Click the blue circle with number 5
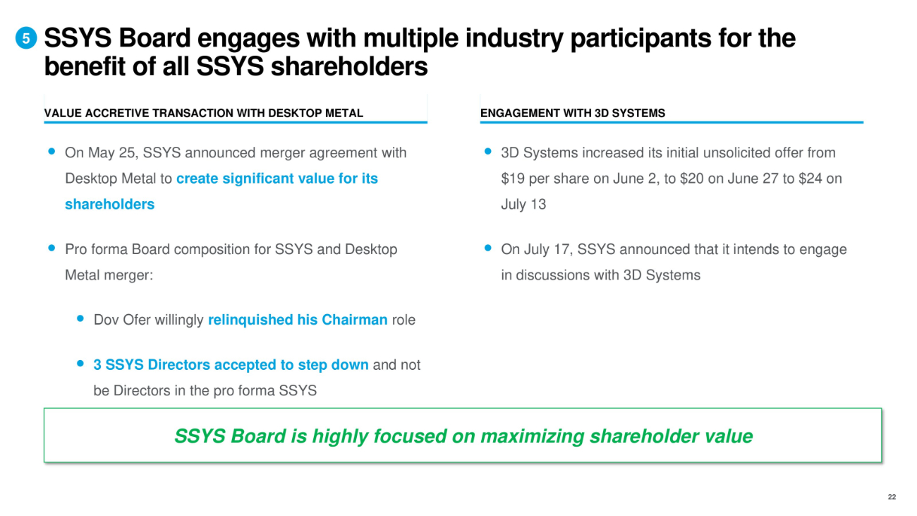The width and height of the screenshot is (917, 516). click(x=26, y=38)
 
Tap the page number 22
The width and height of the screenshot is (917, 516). click(x=892, y=497)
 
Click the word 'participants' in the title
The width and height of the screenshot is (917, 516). click(x=640, y=39)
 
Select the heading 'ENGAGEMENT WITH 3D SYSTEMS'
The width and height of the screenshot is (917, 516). click(x=572, y=113)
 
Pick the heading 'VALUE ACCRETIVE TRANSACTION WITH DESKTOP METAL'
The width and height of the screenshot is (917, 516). click(x=203, y=113)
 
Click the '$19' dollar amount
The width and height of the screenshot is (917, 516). click(x=513, y=179)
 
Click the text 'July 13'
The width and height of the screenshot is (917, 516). click(x=523, y=204)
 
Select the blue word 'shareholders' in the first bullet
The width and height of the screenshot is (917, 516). click(x=110, y=204)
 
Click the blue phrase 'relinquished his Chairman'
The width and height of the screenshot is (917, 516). click(x=298, y=320)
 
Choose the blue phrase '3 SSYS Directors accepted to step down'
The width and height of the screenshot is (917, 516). click(x=231, y=365)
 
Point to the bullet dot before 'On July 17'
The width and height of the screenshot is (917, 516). click(x=487, y=248)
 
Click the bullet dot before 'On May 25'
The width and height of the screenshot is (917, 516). click(x=51, y=151)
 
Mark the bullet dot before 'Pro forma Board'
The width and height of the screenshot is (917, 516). click(x=51, y=248)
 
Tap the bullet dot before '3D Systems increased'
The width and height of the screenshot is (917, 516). click(x=487, y=151)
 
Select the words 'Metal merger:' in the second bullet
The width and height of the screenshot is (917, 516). click(x=109, y=275)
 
